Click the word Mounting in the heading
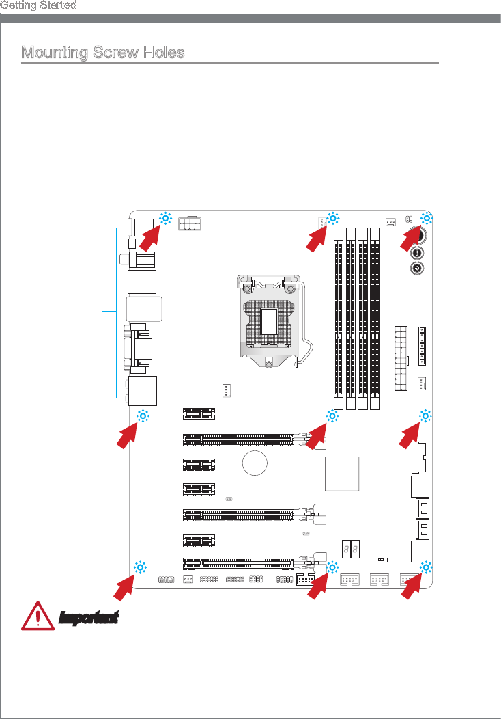click(55, 52)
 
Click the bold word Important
click(89, 618)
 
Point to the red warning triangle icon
click(38, 616)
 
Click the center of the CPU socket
click(270, 321)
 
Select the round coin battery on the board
click(255, 463)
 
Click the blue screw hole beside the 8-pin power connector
click(165, 218)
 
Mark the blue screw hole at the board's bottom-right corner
click(427, 568)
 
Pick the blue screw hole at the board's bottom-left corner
click(140, 567)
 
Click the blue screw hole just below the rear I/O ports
click(143, 416)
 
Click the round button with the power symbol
click(417, 268)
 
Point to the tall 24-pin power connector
click(401, 358)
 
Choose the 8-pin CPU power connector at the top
click(190, 223)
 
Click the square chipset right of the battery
click(342, 474)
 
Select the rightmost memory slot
click(375, 318)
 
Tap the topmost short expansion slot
click(199, 414)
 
